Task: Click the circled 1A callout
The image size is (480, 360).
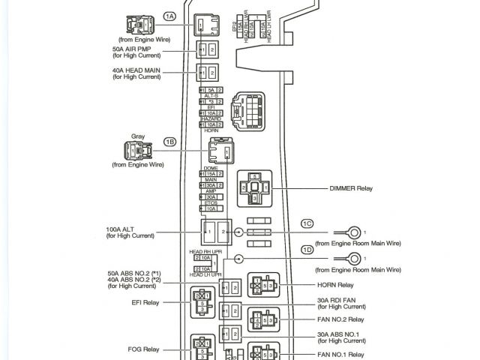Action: click(x=169, y=16)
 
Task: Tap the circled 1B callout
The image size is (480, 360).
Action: click(x=170, y=141)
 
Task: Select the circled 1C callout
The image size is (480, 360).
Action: click(x=307, y=223)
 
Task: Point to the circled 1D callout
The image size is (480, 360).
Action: click(x=307, y=249)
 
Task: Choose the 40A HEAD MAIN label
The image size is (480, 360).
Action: click(x=134, y=71)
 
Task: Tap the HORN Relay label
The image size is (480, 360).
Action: click(x=334, y=285)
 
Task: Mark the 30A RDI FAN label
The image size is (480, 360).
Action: click(x=340, y=302)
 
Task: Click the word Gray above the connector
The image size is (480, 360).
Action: click(x=137, y=136)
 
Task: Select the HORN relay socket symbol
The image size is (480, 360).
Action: click(x=262, y=286)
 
